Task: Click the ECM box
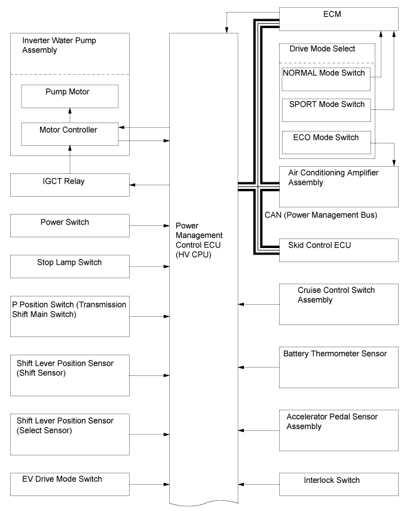[x=339, y=19]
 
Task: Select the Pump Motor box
[x=70, y=96]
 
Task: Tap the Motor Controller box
[x=70, y=134]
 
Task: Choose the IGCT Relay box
[x=70, y=185]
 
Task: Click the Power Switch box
[x=70, y=225]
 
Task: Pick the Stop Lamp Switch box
[x=70, y=267]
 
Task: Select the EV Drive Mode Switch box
[x=70, y=484]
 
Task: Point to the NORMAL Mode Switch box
[x=326, y=79]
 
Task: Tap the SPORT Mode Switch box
[x=326, y=110]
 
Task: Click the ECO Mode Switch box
[x=326, y=142]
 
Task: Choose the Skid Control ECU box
[x=339, y=250]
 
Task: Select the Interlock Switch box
[x=339, y=484]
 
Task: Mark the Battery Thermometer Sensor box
[x=339, y=368]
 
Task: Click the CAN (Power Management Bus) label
[x=321, y=215]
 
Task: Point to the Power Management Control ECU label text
[x=199, y=240]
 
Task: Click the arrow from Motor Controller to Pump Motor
[x=70, y=115]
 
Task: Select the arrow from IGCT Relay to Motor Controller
[x=70, y=160]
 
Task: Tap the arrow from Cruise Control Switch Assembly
[x=258, y=304]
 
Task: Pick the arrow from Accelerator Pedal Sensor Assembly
[x=258, y=430]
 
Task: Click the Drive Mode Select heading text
[x=322, y=49]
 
